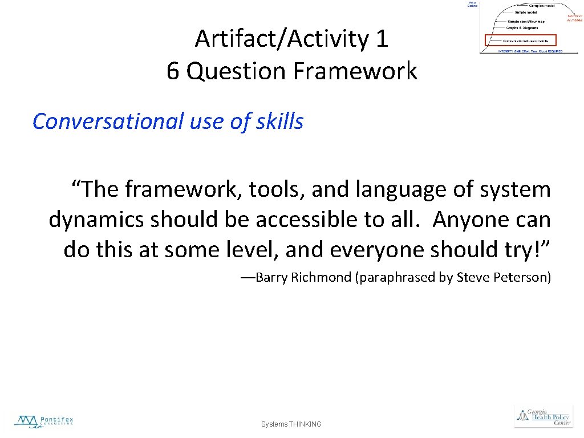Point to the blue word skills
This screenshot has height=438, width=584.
280,121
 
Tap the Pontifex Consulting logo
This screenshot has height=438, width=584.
44,421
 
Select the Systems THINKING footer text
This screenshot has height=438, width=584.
291,424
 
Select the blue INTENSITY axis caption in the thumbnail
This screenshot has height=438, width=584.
529,51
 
